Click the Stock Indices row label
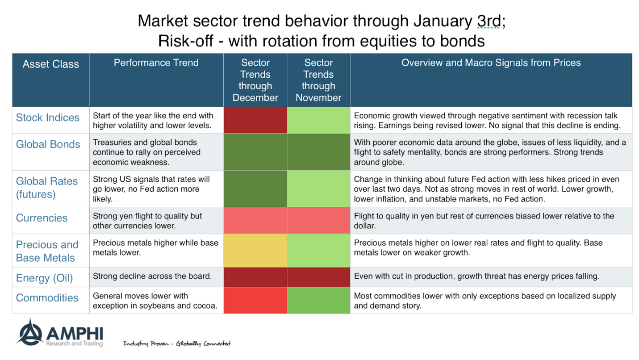pyautogui.click(x=48, y=118)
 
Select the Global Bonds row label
pyautogui.click(x=48, y=145)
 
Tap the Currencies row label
pyautogui.click(x=42, y=218)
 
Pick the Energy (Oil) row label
pyautogui.click(x=44, y=278)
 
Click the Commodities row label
pyautogui.click(x=47, y=298)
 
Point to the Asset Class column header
pyautogui.click(x=50, y=64)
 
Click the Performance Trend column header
pyautogui.click(x=156, y=63)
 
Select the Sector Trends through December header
pyautogui.click(x=255, y=80)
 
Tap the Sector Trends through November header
pyautogui.click(x=318, y=80)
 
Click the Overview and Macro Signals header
pyautogui.click(x=491, y=63)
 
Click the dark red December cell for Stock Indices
pyautogui.click(x=255, y=120)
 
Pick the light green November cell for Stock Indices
pyautogui.click(x=318, y=120)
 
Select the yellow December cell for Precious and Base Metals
pyautogui.click(x=255, y=251)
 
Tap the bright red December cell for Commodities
pyautogui.click(x=255, y=300)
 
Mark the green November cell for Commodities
pyautogui.click(x=318, y=300)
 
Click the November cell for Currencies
pyautogui.click(x=318, y=221)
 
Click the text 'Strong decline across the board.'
pyautogui.click(x=152, y=276)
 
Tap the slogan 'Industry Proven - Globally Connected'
pyautogui.click(x=176, y=343)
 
